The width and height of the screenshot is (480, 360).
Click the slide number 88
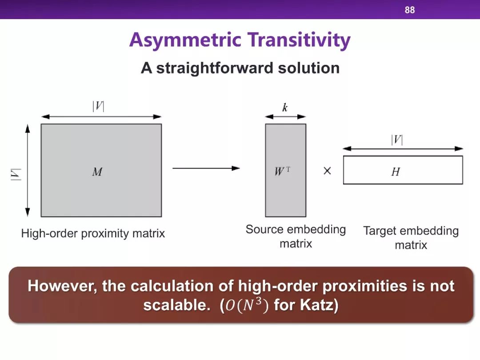pos(410,10)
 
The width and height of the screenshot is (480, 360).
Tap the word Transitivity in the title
pos(299,40)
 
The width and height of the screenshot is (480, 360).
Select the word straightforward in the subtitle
pos(215,68)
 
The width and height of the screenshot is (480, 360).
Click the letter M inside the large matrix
pos(97,172)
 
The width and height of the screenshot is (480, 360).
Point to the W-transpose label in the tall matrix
pos(282,171)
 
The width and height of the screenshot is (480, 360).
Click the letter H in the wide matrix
pos(396,172)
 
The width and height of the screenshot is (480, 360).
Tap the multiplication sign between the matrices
pos(327,171)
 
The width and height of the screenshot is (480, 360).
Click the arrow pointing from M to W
pos(206,168)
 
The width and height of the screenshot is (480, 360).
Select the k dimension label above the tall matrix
pos(285,108)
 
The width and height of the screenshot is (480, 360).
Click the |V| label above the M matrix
pos(98,106)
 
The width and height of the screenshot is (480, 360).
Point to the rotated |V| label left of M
pos(16,175)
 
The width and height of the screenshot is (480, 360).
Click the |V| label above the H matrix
pos(397,140)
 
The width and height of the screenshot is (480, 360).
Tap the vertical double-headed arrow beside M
pos(28,171)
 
